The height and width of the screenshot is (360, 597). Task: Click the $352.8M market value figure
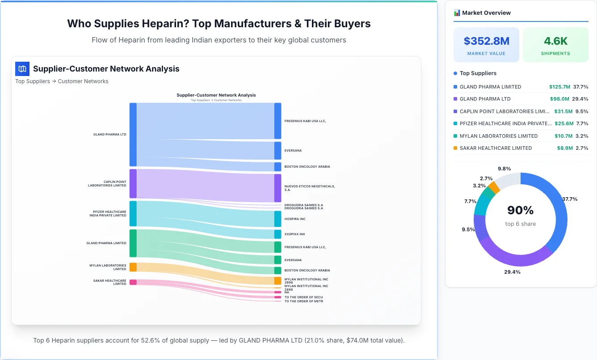click(x=486, y=41)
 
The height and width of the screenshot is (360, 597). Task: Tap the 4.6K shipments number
click(x=555, y=41)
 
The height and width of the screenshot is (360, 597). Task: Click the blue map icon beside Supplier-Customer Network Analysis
click(x=22, y=69)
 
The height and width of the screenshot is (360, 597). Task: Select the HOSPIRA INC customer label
click(x=294, y=219)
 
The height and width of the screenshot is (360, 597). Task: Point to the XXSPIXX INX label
click(x=294, y=234)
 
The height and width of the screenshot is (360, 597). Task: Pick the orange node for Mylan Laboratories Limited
click(x=133, y=267)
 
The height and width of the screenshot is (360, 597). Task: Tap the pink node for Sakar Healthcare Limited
click(x=133, y=282)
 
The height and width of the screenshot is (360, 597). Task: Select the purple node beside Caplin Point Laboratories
click(x=133, y=183)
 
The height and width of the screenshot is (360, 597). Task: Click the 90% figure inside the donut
click(x=520, y=210)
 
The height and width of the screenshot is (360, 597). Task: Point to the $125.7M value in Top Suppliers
click(x=559, y=87)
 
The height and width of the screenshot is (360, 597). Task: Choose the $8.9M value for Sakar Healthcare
click(x=564, y=148)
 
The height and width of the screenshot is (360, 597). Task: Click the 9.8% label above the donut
click(x=504, y=169)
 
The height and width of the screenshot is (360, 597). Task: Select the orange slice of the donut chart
click(x=494, y=187)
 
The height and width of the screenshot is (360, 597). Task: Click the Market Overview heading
click(x=486, y=13)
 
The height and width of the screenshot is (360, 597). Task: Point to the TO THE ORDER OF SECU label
click(x=303, y=297)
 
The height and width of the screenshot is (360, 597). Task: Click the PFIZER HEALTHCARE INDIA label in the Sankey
click(x=108, y=214)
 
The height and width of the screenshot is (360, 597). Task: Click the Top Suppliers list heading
click(x=478, y=73)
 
